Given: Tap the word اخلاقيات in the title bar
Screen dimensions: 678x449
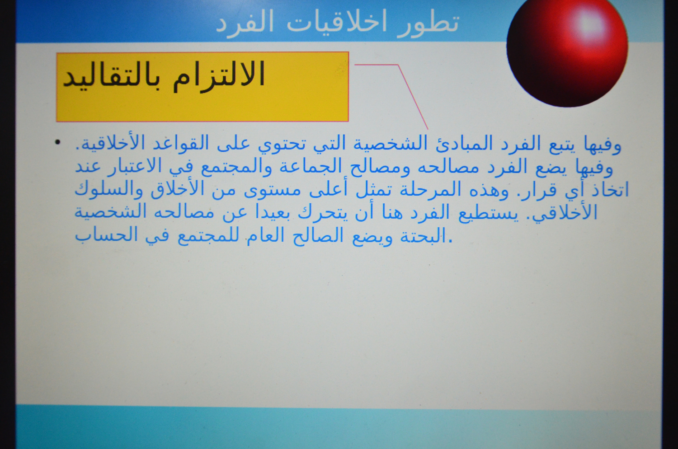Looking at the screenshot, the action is pos(337,22).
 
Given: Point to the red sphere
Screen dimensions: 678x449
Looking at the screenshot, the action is pos(567,51).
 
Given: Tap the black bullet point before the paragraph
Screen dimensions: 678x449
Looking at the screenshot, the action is pos(57,142).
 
